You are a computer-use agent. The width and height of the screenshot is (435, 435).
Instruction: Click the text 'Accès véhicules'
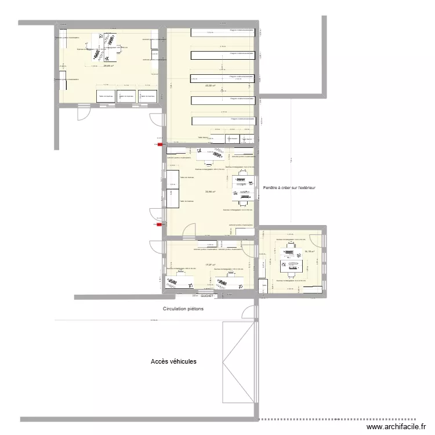(173, 361)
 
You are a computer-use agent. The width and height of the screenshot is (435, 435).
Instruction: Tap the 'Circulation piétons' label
(183, 309)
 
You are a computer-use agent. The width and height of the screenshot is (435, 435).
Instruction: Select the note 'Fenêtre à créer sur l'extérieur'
(289, 188)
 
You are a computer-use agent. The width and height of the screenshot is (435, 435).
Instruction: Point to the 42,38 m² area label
(209, 85)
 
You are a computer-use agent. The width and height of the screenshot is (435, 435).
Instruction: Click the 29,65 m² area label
(108, 66)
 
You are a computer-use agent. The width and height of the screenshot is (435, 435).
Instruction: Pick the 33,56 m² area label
(210, 192)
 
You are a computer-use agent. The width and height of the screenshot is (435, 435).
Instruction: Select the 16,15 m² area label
(309, 251)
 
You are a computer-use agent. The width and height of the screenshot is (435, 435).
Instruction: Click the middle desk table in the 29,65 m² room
(126, 96)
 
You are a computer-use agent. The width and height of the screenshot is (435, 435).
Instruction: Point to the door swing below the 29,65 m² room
(84, 113)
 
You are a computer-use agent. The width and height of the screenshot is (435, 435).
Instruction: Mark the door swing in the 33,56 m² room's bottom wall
(189, 231)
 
